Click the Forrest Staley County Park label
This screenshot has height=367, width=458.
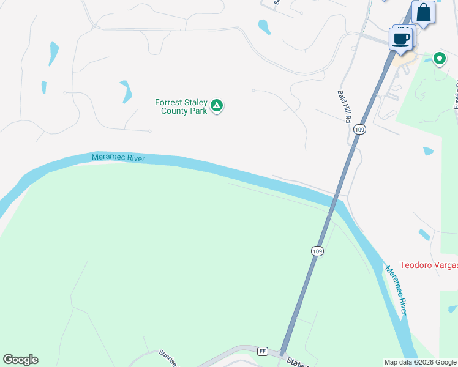181,106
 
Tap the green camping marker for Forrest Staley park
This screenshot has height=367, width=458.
216,106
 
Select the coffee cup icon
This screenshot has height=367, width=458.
402,39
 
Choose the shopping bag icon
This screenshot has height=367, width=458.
423,12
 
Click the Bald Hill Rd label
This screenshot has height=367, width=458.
343,106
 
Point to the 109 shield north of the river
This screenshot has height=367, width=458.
359,130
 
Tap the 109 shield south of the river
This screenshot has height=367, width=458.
317,251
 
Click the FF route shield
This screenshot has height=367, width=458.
263,351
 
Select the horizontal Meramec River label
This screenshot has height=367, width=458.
118,158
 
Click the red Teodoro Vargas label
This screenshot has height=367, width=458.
429,265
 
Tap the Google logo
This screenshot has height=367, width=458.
20,360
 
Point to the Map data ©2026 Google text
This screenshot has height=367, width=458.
420,362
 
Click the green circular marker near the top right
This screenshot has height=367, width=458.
439,59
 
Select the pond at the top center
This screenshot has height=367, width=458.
265,27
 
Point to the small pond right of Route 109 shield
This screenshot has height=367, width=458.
427,151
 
